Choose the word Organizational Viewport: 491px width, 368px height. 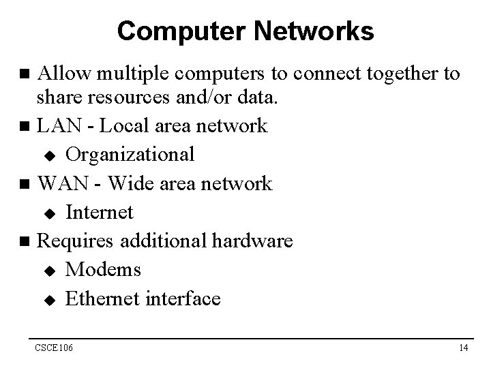coord(130,155)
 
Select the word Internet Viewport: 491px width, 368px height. coord(100,212)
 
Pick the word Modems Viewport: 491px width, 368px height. coord(104,269)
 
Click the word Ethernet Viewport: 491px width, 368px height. coord(103,298)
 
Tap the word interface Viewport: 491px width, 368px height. coord(183,298)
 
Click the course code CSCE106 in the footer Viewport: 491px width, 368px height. coord(55,349)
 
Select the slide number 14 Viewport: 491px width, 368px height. coord(463,349)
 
